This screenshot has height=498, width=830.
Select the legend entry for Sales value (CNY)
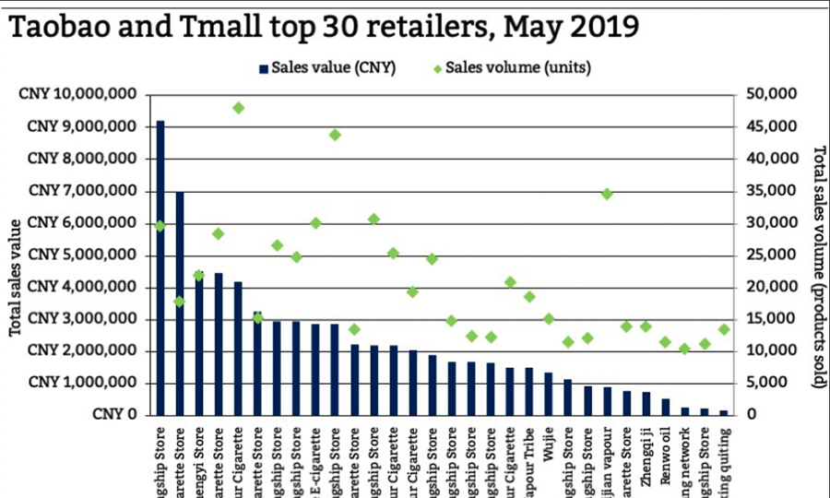(x=328, y=67)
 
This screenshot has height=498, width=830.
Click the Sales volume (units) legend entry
(x=512, y=67)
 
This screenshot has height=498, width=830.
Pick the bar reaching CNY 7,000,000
(x=180, y=303)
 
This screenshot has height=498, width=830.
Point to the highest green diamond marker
(x=238, y=108)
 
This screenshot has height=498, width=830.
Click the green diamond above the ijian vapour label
(x=607, y=194)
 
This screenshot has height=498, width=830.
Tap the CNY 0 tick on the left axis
(x=115, y=415)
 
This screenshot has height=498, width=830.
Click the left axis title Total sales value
(x=15, y=278)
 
